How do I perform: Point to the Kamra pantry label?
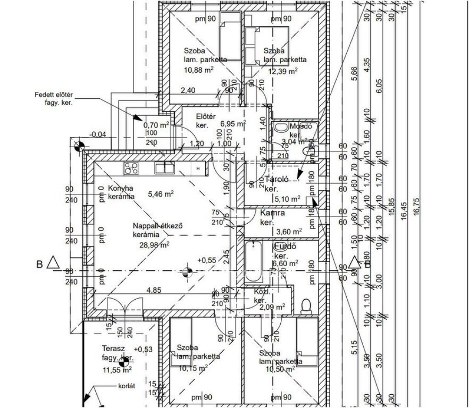[273, 213]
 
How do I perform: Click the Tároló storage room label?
[277, 180]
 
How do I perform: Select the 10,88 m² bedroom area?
[198, 70]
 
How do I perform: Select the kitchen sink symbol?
[164, 168]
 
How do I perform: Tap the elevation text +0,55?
[207, 260]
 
